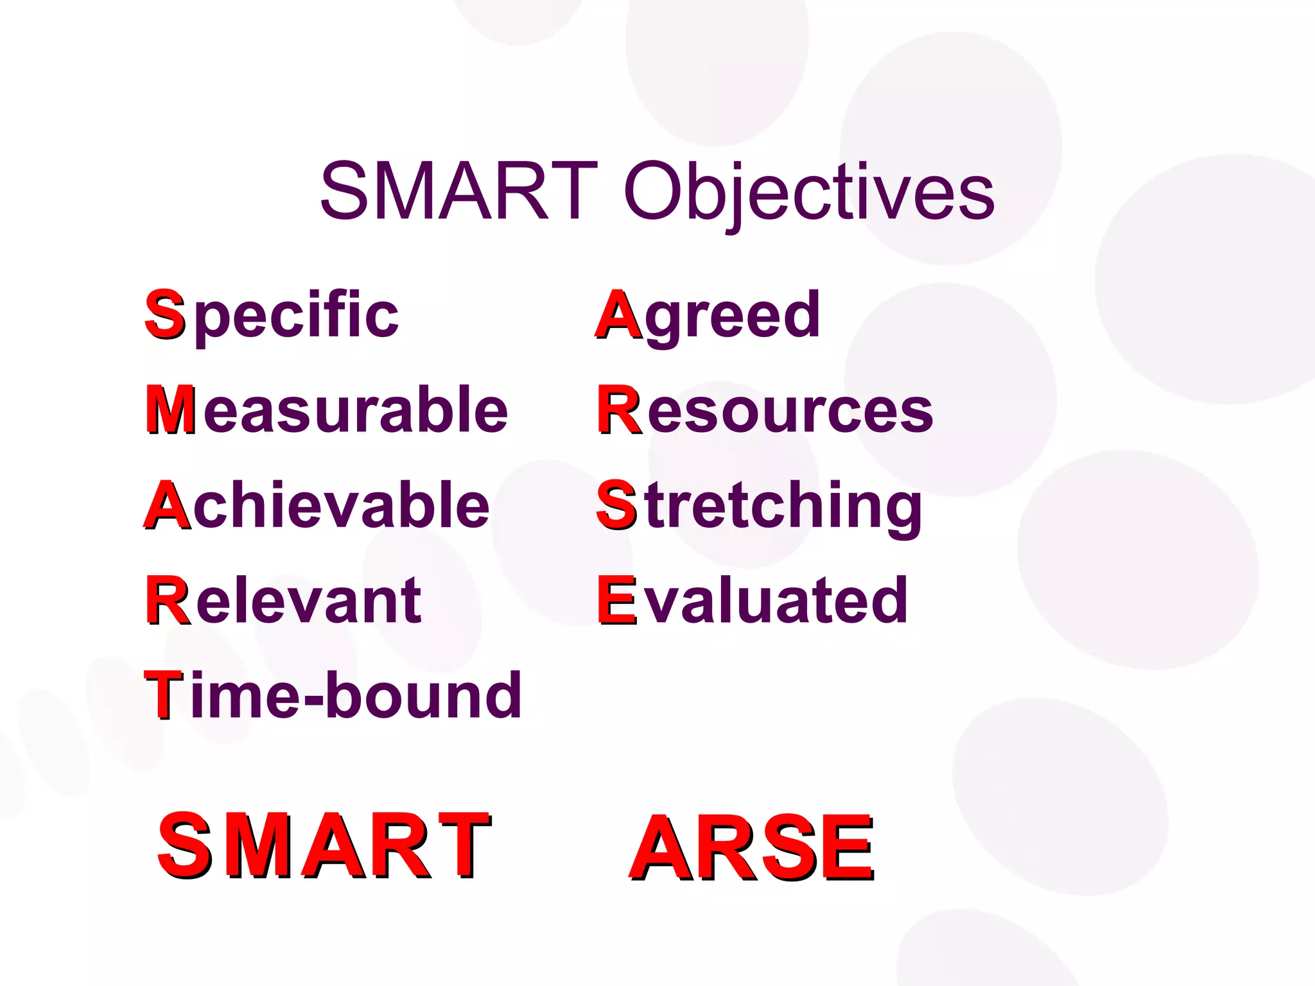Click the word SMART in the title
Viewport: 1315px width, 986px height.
click(458, 191)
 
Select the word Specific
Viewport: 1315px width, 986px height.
click(272, 315)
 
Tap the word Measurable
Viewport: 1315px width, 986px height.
click(327, 410)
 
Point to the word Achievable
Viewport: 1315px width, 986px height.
click(317, 505)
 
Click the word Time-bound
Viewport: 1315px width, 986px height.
click(333, 695)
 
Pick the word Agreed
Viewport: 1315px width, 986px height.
click(709, 315)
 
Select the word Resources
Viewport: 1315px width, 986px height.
click(765, 410)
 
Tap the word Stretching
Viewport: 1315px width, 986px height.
click(760, 506)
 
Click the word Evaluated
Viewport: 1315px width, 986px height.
click(753, 600)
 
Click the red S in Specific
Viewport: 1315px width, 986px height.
click(165, 314)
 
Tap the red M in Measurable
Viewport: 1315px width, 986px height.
click(170, 410)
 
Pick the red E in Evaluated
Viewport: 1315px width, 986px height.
click(616, 600)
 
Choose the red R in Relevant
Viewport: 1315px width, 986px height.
click(168, 600)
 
